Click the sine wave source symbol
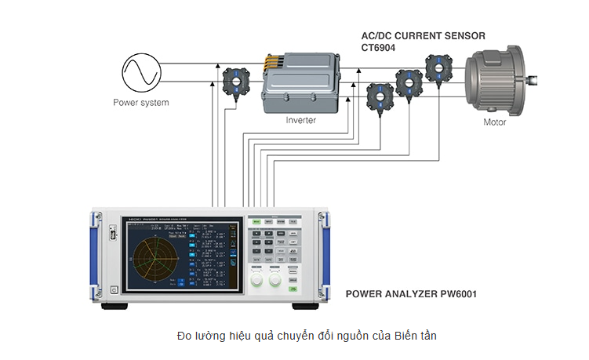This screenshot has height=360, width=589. point(142,73)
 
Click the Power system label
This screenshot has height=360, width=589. point(141,103)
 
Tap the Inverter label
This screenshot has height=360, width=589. point(300,121)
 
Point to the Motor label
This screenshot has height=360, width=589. point(494,122)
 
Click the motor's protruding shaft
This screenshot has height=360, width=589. point(535,78)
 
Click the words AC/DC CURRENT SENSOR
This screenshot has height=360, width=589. point(423,36)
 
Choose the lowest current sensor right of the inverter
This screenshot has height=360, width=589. point(380,96)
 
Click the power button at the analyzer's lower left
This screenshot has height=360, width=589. point(115,290)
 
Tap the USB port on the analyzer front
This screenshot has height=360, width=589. point(114,233)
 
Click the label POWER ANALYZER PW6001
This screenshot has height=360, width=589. point(412,295)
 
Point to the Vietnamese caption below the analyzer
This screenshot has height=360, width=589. point(307,336)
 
